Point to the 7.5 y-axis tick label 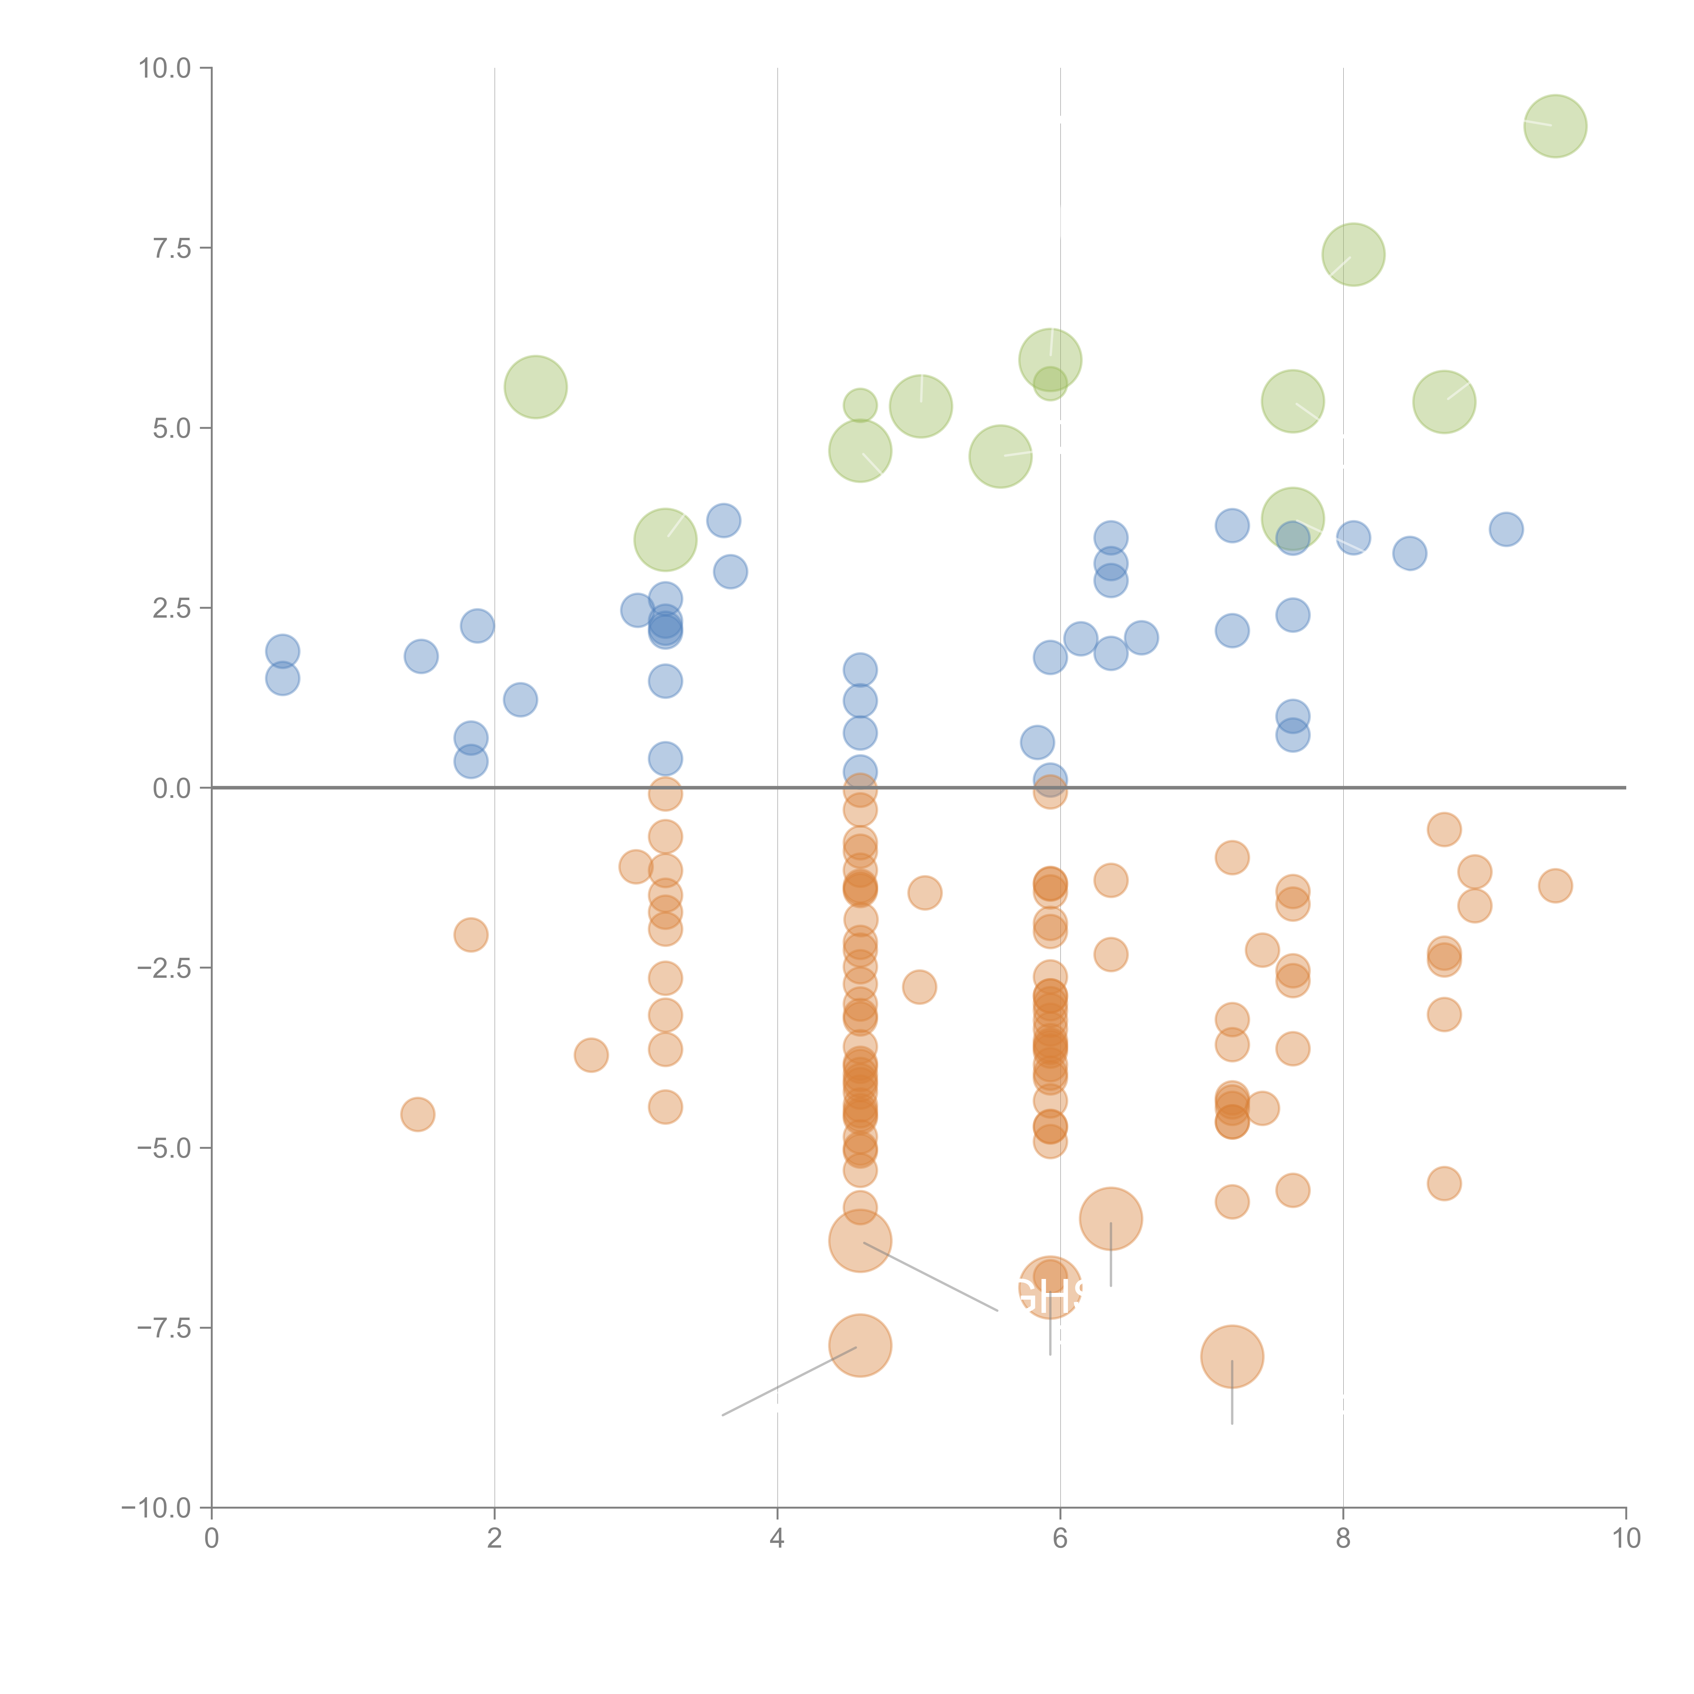coord(172,248)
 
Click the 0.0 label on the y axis coord(172,788)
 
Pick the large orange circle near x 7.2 coord(1232,1357)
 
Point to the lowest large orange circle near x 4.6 coord(860,1346)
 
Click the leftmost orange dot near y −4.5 coord(417,1114)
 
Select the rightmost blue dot coord(1506,529)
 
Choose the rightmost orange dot coord(1555,886)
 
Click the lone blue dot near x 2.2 coord(520,700)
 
